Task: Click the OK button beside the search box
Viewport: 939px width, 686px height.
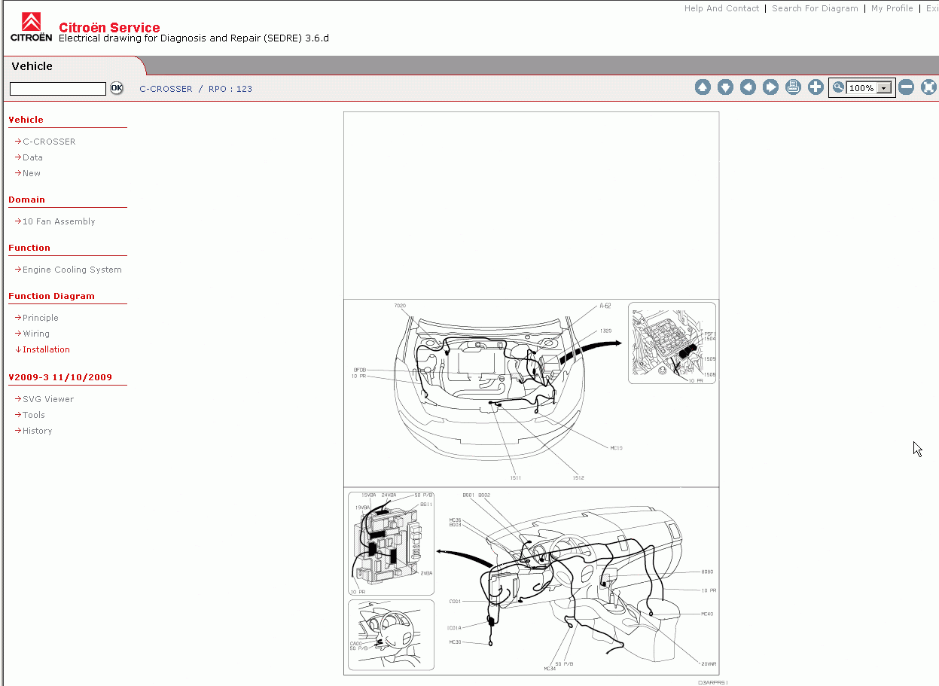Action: [x=117, y=88]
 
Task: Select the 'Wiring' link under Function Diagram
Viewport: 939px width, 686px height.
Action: [x=35, y=334]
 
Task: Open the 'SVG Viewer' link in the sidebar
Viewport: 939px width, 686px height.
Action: [x=47, y=399]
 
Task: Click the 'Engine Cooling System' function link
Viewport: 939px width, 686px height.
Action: [x=72, y=270]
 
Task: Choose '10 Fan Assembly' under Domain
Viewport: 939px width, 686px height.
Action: [x=58, y=221]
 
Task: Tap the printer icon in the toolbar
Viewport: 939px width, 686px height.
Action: [x=793, y=87]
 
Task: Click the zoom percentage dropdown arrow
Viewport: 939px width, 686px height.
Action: [x=884, y=88]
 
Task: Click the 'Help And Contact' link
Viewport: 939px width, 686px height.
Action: [x=721, y=8]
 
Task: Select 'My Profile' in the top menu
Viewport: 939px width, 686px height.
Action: [x=892, y=8]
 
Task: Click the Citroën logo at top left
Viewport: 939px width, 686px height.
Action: [x=31, y=27]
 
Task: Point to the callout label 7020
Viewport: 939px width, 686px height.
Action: [x=400, y=306]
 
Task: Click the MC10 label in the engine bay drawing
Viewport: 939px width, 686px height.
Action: [x=616, y=448]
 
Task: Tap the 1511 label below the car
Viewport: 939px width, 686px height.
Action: [x=515, y=477]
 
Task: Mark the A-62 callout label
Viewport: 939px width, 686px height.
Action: [x=605, y=306]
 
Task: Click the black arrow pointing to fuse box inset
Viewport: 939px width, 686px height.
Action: [x=595, y=349]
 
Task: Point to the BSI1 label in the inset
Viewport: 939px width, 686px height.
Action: [x=425, y=504]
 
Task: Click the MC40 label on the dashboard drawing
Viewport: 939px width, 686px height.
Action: [x=706, y=614]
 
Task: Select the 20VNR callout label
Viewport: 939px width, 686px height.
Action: [x=708, y=663]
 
